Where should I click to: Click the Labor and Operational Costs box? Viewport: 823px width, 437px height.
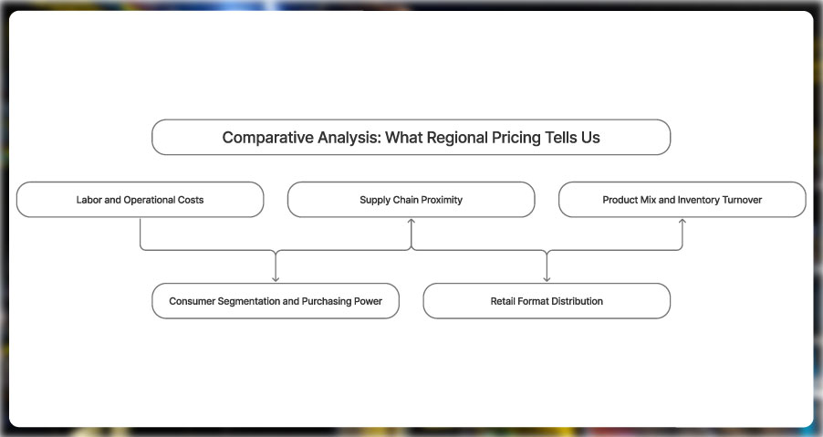pyautogui.click(x=140, y=199)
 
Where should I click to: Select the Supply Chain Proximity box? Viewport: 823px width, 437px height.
pyautogui.click(x=411, y=199)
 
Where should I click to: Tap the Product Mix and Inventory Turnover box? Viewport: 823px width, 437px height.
pyautogui.click(x=682, y=199)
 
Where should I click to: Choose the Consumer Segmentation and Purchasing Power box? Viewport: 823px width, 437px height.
pyautogui.click(x=275, y=301)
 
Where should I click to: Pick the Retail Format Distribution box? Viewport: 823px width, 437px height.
pyautogui.click(x=547, y=301)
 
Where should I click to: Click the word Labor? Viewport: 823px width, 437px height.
pyautogui.click(x=89, y=200)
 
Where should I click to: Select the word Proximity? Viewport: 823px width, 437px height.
pyautogui.click(x=441, y=200)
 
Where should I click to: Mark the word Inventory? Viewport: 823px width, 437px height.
pyautogui.click(x=698, y=200)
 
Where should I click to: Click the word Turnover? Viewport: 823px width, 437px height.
pyautogui.click(x=741, y=200)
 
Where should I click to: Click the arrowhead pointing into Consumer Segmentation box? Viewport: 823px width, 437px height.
pyautogui.click(x=276, y=279)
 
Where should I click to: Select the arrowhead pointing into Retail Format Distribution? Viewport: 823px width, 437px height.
pyautogui.click(x=547, y=279)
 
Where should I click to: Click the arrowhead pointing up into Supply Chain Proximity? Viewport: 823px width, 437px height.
pyautogui.click(x=411, y=222)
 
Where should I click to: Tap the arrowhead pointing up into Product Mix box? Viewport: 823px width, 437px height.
pyautogui.click(x=682, y=222)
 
